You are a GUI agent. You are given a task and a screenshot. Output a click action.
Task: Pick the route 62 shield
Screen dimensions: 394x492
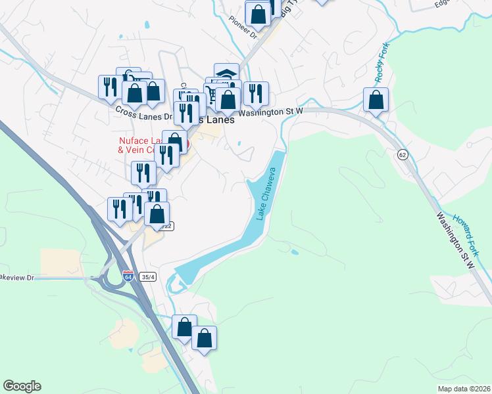[x=402, y=154]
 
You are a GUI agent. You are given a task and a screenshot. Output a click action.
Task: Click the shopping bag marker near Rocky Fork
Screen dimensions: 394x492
[x=376, y=100]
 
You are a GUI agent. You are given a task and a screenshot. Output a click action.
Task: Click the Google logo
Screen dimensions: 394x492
[x=22, y=386]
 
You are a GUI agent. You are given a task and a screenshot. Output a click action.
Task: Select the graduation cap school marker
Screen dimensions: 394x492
[x=226, y=73]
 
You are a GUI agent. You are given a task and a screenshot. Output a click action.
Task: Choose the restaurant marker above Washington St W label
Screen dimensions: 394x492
[x=255, y=93]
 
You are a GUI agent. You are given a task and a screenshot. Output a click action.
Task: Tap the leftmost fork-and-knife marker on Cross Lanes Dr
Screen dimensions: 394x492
[x=110, y=87]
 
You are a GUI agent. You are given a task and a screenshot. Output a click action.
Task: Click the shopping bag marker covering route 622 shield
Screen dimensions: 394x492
[x=157, y=214]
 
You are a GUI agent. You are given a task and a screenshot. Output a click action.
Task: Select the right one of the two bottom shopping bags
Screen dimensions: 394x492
[x=205, y=339]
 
